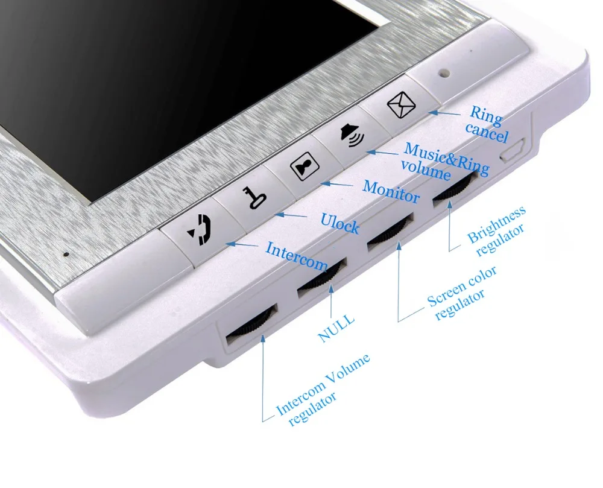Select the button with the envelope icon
pos(398,107)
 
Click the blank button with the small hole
pos(445,75)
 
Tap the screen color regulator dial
pos(390,231)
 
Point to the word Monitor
pos(391,191)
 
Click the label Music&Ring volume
pos(443,160)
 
